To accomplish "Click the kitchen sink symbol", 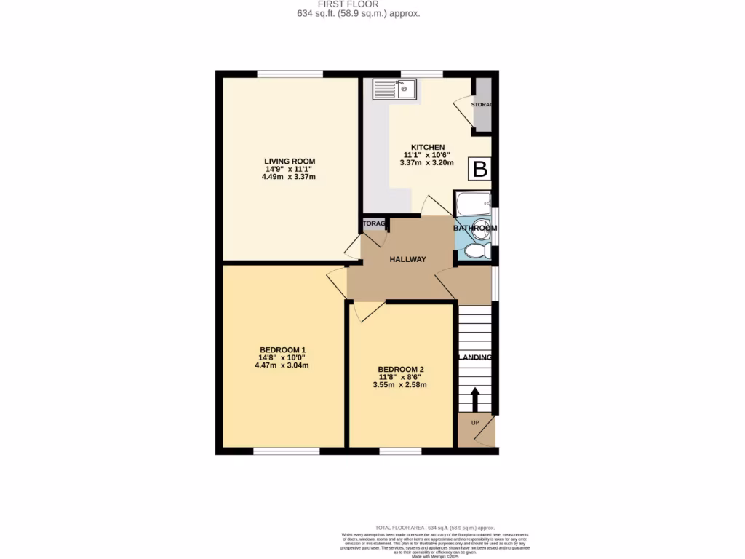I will (x=394, y=90).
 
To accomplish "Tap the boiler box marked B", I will (x=479, y=170).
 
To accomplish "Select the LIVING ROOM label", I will (x=290, y=162).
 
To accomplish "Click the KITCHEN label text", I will (x=428, y=147).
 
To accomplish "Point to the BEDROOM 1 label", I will (x=282, y=349).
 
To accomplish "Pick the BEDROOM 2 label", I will (x=400, y=369).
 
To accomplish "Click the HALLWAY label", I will (x=407, y=259).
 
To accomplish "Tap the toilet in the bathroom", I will (x=476, y=252).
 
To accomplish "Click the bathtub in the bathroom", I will (x=473, y=204).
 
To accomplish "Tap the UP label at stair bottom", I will (x=475, y=423).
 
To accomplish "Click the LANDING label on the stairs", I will (x=475, y=358).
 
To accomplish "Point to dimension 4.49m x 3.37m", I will (x=289, y=177).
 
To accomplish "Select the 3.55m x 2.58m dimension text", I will (x=399, y=385).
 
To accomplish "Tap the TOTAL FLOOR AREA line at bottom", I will (x=434, y=527).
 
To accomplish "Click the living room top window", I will (x=290, y=74).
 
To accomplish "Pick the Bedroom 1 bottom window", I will (x=287, y=451).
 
